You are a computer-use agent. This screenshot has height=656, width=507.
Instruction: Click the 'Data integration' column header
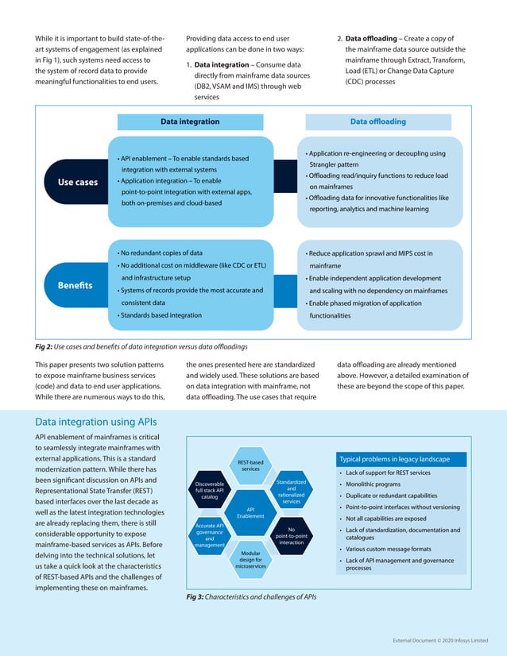coord(190,122)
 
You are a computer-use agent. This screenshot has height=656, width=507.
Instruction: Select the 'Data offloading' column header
coord(377,122)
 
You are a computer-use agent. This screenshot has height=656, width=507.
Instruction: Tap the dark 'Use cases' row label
coord(78,182)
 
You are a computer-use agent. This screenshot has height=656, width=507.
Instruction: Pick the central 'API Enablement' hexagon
coord(250,512)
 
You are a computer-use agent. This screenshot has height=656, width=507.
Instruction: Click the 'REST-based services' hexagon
coord(250,465)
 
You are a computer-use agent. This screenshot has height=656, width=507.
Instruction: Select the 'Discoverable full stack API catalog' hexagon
coord(210,490)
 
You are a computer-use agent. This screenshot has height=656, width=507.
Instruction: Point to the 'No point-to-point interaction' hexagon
coord(291,536)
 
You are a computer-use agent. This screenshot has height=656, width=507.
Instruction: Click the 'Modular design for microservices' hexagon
coord(250,559)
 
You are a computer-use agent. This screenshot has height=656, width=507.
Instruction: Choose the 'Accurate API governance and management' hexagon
coord(210,535)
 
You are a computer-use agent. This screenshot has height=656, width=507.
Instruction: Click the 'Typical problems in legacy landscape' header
coord(394,459)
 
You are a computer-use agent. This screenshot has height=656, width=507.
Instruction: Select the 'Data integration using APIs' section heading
coord(96,421)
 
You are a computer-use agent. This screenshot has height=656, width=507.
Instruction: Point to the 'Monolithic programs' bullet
coord(373,484)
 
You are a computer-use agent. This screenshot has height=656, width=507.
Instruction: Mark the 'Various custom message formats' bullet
coord(389,548)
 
